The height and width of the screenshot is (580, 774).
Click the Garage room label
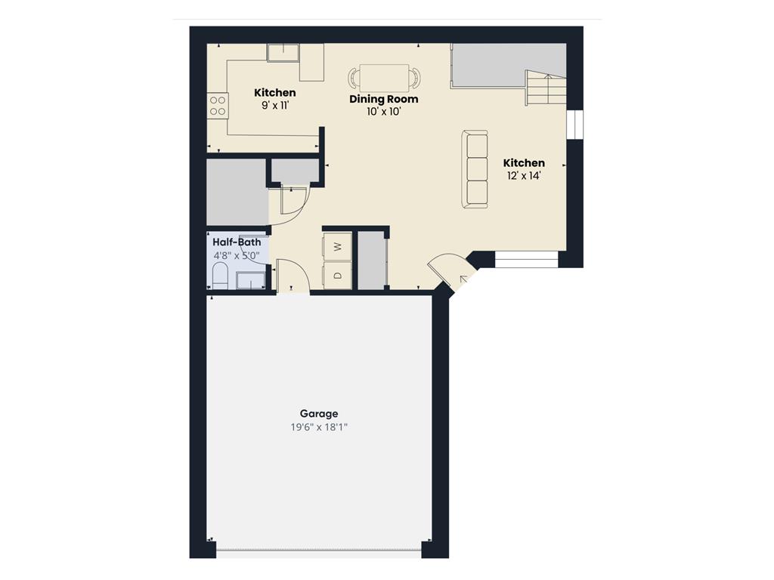tap(319, 414)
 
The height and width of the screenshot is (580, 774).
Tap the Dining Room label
tap(383, 99)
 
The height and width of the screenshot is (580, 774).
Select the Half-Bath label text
tap(237, 242)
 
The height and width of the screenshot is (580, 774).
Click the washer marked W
tap(338, 246)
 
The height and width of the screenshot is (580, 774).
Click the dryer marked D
tap(338, 275)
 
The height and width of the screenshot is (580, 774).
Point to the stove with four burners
tap(217, 106)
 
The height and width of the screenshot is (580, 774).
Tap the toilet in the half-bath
tap(220, 276)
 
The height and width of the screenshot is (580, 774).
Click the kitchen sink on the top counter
tap(283, 53)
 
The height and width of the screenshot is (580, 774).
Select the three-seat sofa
tap(475, 169)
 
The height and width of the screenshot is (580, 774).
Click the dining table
tap(384, 78)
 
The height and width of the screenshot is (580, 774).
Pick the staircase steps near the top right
tap(546, 88)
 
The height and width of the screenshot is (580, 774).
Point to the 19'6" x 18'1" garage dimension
tap(319, 427)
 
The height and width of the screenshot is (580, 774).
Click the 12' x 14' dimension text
tap(524, 175)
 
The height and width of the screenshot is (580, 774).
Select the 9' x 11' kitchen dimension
tap(275, 105)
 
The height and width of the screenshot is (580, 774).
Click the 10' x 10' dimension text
tap(383, 112)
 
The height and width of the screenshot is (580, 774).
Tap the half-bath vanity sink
tap(251, 280)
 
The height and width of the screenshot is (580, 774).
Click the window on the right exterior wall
tap(574, 125)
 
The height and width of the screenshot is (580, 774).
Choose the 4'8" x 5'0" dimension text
tap(237, 255)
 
